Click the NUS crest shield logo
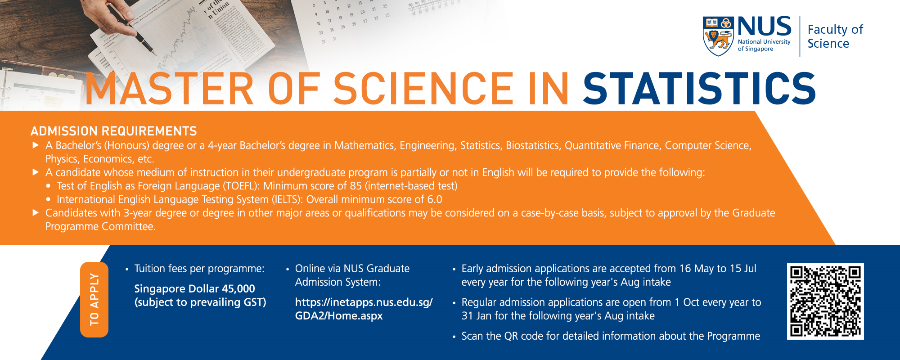click(718, 36)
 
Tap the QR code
click(825, 301)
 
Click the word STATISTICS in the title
click(699, 89)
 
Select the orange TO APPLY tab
click(94, 299)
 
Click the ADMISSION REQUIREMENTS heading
click(113, 131)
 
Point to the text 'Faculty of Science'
click(835, 36)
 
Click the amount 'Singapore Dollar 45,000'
click(194, 288)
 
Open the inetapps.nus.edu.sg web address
click(364, 309)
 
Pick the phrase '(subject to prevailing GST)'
click(200, 302)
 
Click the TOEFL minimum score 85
click(355, 186)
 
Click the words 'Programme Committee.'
click(100, 226)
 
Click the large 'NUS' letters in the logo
click(764, 27)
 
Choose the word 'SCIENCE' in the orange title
click(423, 89)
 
